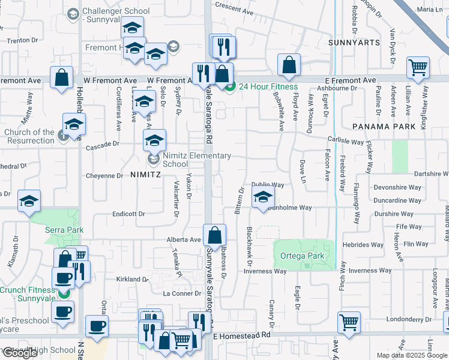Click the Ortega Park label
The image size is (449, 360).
pyautogui.click(x=303, y=256)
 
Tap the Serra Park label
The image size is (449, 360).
pyautogui.click(x=64, y=230)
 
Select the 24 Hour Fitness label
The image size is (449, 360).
pyautogui.click(x=268, y=86)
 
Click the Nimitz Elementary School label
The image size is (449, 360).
pyautogui.click(x=188, y=160)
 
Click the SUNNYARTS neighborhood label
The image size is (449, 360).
pyautogui.click(x=354, y=43)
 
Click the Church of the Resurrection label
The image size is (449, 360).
pyautogui.click(x=29, y=136)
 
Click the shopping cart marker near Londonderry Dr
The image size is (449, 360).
pyautogui.click(x=349, y=321)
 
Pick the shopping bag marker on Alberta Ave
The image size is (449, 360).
pyautogui.click(x=214, y=235)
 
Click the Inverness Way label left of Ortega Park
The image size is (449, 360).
pyautogui.click(x=265, y=271)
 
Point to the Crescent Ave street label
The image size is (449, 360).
pyautogui.click(x=235, y=10)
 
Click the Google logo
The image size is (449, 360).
pyautogui.click(x=20, y=353)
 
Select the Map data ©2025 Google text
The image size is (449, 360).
pyautogui.click(x=411, y=355)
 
